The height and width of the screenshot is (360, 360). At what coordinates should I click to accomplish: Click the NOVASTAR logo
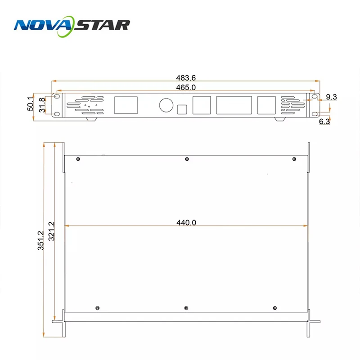point(72,24)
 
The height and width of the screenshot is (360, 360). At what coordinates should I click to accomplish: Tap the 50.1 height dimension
point(30,103)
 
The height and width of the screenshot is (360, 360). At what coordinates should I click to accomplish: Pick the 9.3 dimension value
point(331,97)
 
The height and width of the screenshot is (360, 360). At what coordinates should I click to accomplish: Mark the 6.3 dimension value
point(324,121)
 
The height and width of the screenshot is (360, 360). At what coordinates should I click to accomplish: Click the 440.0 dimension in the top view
point(186,222)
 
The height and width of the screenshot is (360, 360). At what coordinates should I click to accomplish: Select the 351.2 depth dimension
point(40,241)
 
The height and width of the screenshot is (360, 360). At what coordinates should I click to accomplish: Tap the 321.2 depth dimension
point(51,231)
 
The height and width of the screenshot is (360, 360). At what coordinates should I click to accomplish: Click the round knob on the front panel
point(166,105)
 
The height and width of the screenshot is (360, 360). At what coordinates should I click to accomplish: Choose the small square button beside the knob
point(182,110)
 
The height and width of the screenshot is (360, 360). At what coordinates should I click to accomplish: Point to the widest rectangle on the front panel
point(234,105)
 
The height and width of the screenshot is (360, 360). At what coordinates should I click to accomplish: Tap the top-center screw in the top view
point(187,159)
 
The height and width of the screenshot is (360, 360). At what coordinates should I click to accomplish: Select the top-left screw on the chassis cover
point(78,159)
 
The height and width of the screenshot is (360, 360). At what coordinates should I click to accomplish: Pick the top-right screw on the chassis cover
point(295,159)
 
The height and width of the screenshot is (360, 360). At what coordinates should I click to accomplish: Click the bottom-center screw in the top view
point(187,308)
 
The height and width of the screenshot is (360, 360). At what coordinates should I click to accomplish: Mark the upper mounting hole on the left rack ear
point(57,97)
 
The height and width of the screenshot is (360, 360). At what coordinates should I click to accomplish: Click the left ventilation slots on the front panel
point(85,105)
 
